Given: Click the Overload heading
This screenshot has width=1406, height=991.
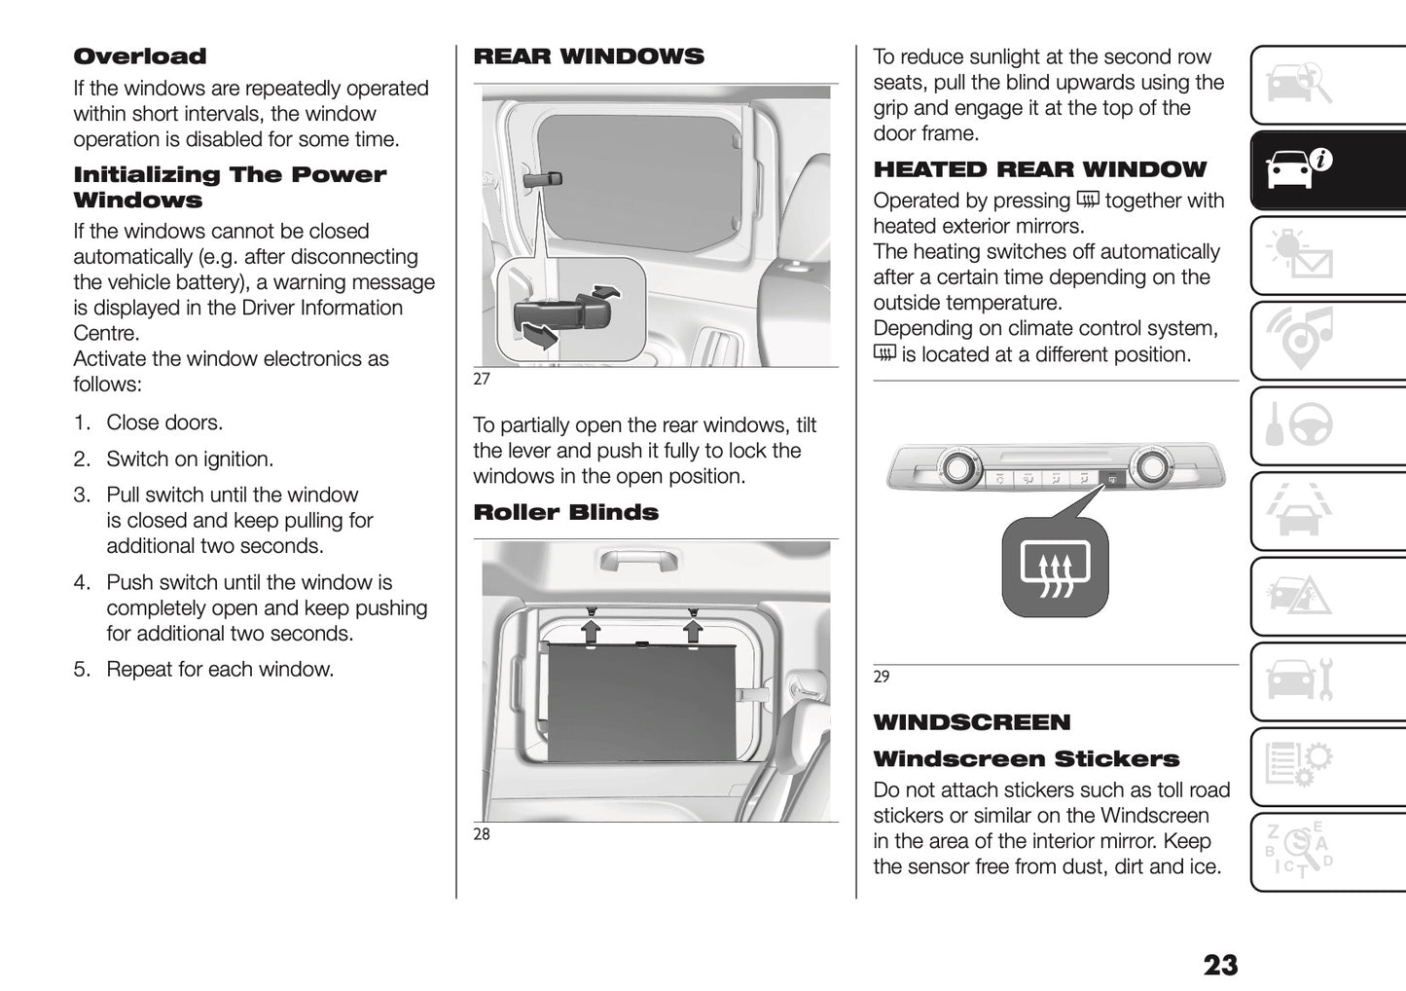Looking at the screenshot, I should click(140, 56).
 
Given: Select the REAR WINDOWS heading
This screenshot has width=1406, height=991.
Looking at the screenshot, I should click(588, 56).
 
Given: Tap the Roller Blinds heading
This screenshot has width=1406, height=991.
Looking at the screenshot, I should click(565, 512).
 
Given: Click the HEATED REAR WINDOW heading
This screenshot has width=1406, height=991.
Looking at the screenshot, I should click(1039, 169).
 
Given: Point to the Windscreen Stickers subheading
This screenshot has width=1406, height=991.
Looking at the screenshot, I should click(1026, 759).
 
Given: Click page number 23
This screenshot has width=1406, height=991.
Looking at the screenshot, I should click(1220, 965).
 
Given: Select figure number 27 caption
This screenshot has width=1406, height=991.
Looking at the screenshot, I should click(482, 379).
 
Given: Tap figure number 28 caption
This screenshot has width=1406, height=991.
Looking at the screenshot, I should click(482, 834).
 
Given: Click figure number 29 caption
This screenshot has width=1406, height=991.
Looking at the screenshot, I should click(882, 677).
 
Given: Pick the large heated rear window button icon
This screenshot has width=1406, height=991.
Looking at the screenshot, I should click(1055, 567).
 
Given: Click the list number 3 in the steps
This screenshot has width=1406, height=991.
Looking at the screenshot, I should click(82, 495).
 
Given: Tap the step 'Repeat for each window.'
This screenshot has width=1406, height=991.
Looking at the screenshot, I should click(220, 670).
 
